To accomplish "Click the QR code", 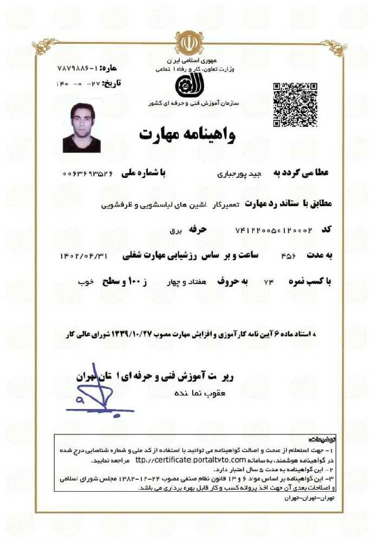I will pyautogui.click(x=294, y=104).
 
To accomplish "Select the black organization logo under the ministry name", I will pyautogui.click(x=187, y=85).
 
